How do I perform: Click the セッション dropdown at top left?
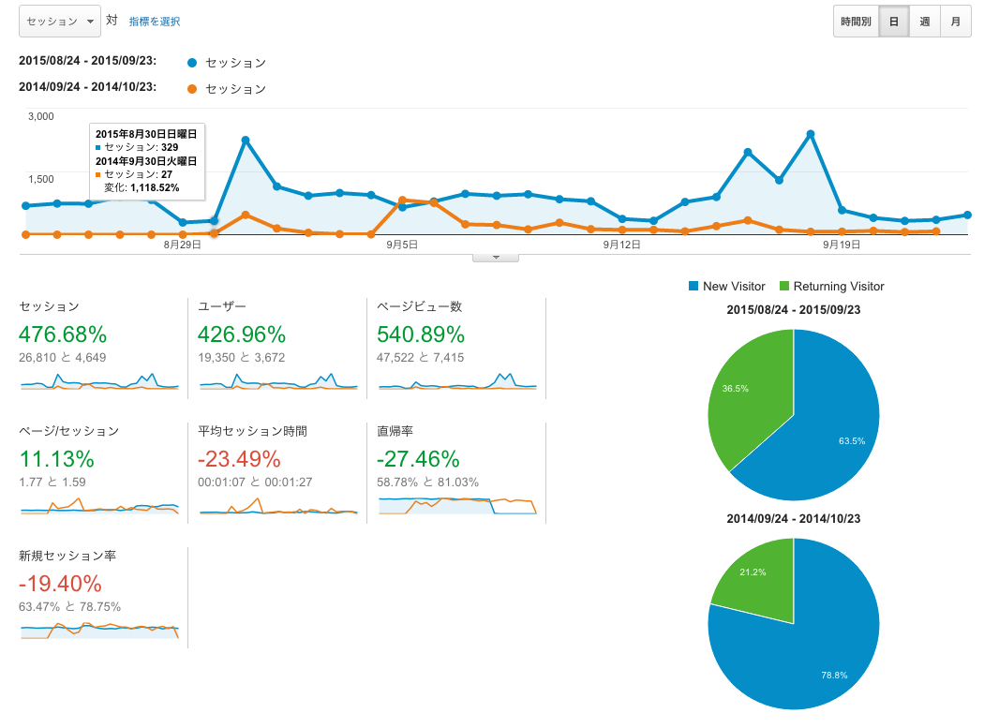59,21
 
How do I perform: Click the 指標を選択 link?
155,21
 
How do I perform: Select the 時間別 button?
856,22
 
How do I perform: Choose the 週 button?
924,22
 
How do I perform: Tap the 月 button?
955,22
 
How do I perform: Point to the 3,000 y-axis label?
41,116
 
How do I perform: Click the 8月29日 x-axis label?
182,245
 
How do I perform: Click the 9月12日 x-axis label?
622,245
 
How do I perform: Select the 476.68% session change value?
63,334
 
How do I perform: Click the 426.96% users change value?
242,334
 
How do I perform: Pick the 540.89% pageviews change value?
421,334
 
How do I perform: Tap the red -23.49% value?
239,459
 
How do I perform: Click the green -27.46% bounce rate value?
418,459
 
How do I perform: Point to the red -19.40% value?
60,584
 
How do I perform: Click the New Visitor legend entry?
727,287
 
